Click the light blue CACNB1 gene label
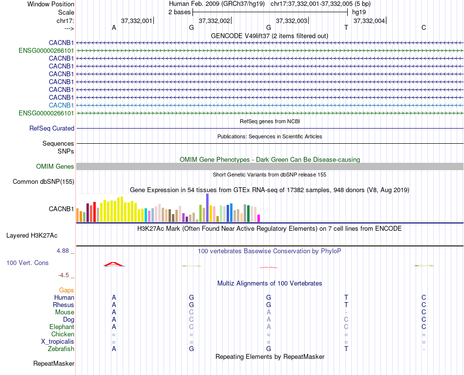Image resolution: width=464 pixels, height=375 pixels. [62, 105]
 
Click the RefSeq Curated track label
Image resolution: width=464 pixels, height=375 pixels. [52, 129]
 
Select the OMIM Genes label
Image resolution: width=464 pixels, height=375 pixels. [55, 167]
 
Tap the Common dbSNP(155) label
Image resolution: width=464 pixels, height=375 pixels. [43, 182]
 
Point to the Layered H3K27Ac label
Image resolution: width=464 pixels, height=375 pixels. [32, 235]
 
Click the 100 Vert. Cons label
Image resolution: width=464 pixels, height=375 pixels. [27, 263]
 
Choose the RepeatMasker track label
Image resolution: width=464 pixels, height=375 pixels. [54, 363]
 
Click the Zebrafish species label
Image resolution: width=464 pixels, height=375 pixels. [61, 349]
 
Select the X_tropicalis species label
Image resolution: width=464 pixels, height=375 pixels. [58, 341]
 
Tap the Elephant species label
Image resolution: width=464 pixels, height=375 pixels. [62, 327]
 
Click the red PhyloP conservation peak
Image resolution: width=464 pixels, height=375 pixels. [114, 264]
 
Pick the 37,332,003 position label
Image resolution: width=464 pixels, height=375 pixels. [292, 21]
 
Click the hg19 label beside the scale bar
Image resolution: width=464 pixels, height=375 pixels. [359, 12]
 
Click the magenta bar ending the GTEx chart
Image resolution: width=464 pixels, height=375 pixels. [259, 218]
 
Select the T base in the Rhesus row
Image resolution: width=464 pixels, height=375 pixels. [346, 305]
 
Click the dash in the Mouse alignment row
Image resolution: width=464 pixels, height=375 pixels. [346, 312]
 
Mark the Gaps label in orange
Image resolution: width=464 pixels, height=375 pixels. [66, 290]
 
